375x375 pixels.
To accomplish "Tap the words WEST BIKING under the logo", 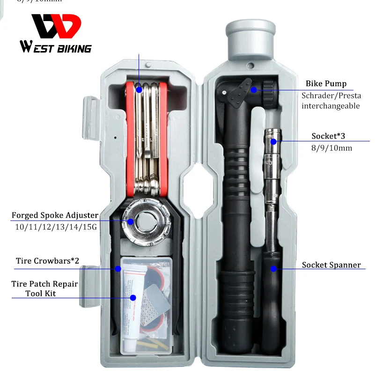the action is pyautogui.click(x=56, y=48).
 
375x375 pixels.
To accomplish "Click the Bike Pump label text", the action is pyautogui.click(x=326, y=84).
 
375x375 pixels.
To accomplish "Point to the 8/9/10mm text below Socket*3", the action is pyautogui.click(x=332, y=148).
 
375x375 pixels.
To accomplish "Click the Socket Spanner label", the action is pyautogui.click(x=331, y=265).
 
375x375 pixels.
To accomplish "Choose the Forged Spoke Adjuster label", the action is pyautogui.click(x=55, y=215).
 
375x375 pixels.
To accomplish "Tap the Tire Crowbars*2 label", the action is pyautogui.click(x=47, y=261).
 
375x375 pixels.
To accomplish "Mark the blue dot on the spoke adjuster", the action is pyautogui.click(x=131, y=221).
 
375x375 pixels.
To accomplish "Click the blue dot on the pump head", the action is pyautogui.click(x=253, y=89).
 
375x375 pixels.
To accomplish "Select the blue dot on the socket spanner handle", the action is pyautogui.click(x=273, y=269).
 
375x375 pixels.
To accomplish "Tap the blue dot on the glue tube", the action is pyautogui.click(x=133, y=297).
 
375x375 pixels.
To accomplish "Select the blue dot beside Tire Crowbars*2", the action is pyautogui.click(x=118, y=269).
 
